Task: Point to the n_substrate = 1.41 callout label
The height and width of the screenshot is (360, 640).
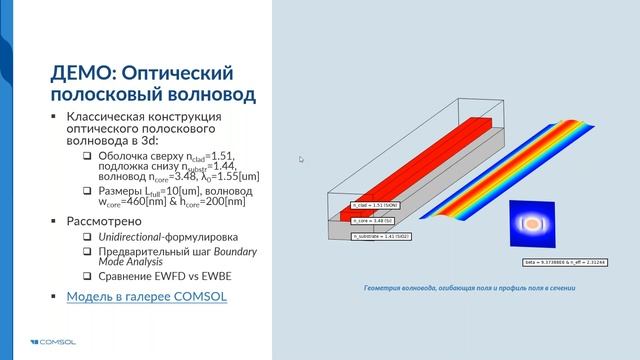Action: coord(381,235)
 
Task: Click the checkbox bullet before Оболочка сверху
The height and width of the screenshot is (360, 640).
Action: coord(88,157)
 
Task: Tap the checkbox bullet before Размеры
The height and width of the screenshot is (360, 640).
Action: coord(88,190)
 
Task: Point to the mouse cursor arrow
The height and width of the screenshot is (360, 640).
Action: coord(300,158)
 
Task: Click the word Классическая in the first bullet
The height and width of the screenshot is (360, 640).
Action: coord(114,118)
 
